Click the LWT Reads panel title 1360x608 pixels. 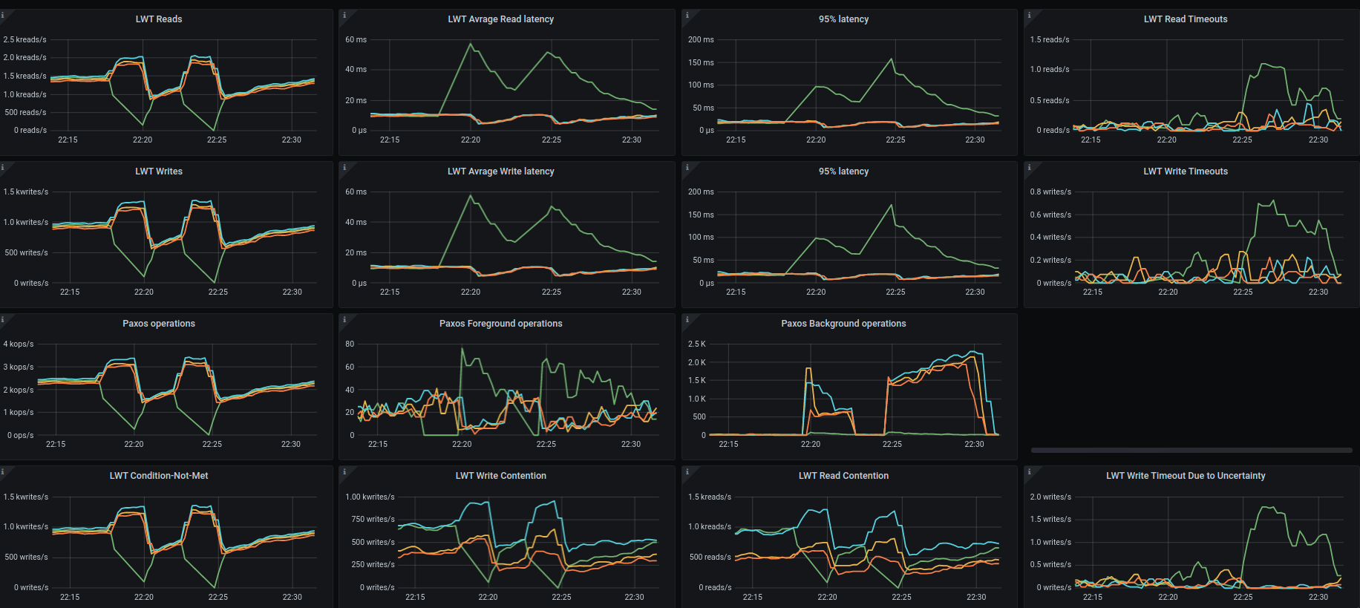(159, 19)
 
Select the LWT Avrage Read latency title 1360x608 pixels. (500, 19)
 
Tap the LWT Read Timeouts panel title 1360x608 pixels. (1185, 19)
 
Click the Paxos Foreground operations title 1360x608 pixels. (500, 324)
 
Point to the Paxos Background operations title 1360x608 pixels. (843, 324)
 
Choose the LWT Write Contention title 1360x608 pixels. (500, 476)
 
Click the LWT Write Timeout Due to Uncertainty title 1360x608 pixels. (1185, 476)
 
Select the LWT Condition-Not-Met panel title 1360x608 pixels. (159, 476)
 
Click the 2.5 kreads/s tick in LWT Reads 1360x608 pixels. (24, 40)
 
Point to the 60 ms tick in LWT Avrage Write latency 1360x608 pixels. (356, 192)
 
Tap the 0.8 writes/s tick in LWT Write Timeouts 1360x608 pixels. (1050, 192)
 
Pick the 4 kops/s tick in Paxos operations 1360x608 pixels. (19, 344)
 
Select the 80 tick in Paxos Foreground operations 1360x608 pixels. (350, 344)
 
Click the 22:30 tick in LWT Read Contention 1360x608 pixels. (976, 598)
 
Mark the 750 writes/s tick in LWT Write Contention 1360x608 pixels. (373, 520)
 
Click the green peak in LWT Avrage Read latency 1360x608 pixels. (470, 44)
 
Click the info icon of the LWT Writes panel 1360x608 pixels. (3, 168)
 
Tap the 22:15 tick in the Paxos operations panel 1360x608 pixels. (56, 445)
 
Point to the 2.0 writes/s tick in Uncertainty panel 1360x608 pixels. (1050, 497)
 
